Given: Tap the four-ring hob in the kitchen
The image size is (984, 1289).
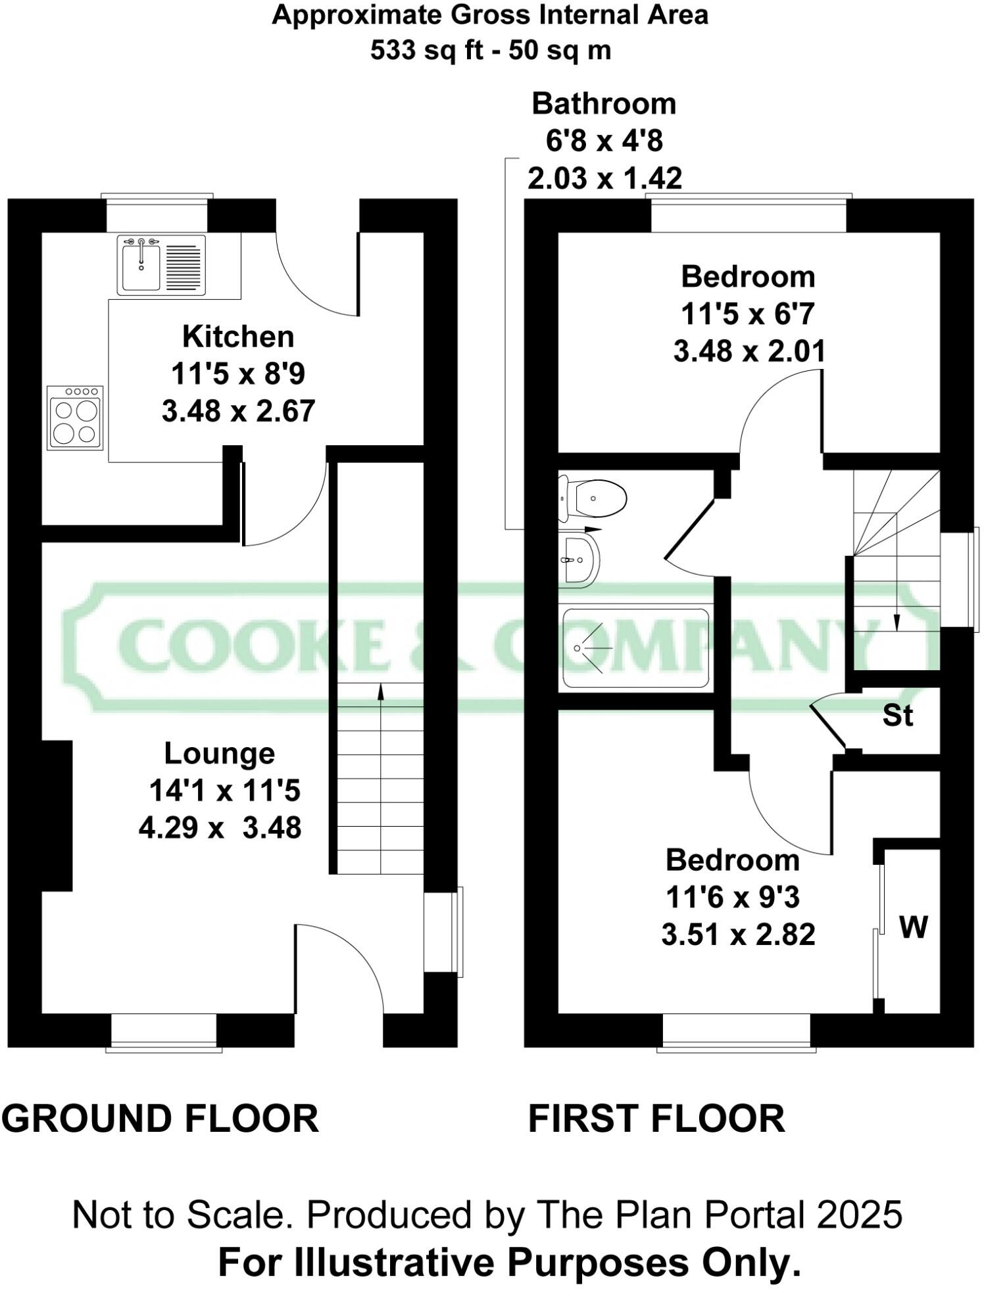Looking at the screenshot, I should pyautogui.click(x=75, y=418).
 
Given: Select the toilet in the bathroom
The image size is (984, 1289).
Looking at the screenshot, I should pyautogui.click(x=594, y=498).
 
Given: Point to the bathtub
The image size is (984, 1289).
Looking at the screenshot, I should pyautogui.click(x=635, y=648).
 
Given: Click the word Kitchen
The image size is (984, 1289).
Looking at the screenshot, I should pyautogui.click(x=238, y=337).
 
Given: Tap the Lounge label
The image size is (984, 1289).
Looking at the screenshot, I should pyautogui.click(x=219, y=754).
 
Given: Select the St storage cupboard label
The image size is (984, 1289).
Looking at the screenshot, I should pyautogui.click(x=898, y=716).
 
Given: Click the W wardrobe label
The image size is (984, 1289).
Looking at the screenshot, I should pyautogui.click(x=913, y=927).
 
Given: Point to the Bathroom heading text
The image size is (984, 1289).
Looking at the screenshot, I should pyautogui.click(x=604, y=104).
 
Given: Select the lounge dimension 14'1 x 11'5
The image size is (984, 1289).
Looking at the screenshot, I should pyautogui.click(x=225, y=790).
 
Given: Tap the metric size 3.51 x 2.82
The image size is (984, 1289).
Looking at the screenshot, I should pyautogui.click(x=738, y=935).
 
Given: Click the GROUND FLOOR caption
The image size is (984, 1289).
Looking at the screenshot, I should pyautogui.click(x=160, y=1119).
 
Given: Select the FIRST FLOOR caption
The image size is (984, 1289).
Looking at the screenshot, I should pyautogui.click(x=656, y=1119).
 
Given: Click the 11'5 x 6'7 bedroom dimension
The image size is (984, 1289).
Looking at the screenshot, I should pyautogui.click(x=748, y=314).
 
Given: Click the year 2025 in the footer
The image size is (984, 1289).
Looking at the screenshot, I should pyautogui.click(x=860, y=1215).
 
